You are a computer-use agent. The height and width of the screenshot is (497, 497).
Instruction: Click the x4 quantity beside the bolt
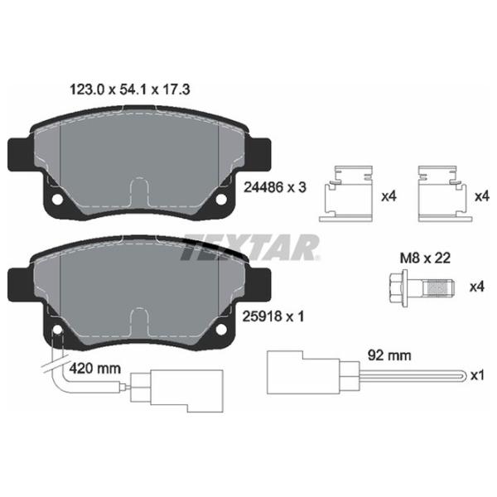[475, 287]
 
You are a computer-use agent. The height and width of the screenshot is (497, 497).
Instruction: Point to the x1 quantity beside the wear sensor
[475, 375]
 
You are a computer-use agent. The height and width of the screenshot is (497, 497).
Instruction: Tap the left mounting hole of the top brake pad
[55, 200]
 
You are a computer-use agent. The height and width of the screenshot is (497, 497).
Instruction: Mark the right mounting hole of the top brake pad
[220, 200]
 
